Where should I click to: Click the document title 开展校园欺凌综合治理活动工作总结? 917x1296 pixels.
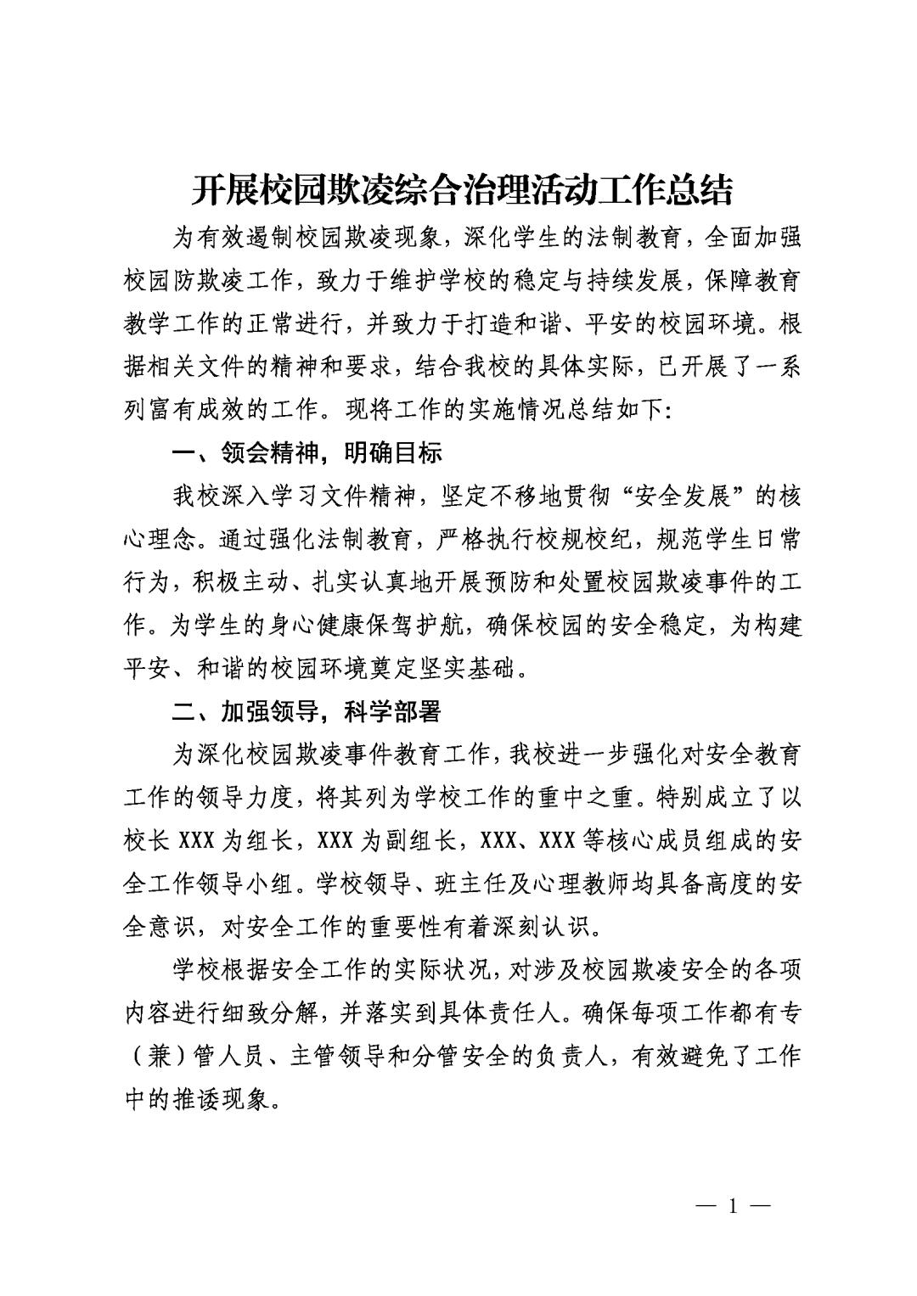tap(461, 191)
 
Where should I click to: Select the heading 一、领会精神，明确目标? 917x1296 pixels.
tap(307, 453)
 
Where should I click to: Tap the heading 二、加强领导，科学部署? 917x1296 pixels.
tap(307, 711)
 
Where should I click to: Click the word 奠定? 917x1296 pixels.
tap(393, 669)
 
